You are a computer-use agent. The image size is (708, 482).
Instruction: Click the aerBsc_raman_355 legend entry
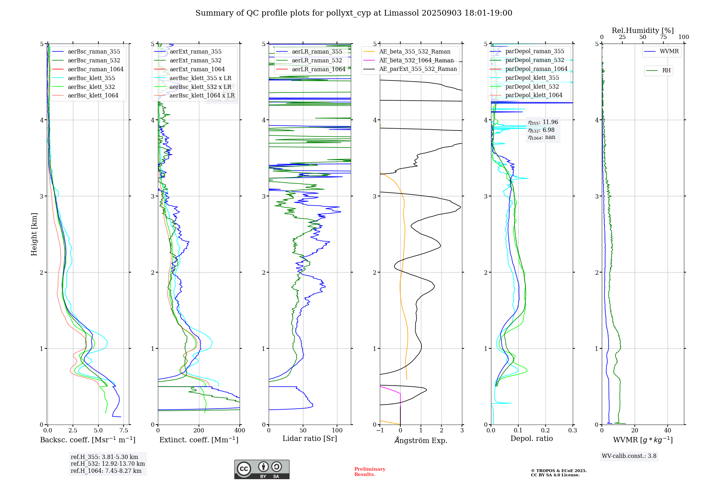(94, 52)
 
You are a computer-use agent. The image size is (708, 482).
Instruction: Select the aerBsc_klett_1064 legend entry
(93, 96)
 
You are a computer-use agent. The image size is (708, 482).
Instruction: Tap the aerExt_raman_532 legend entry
(195, 61)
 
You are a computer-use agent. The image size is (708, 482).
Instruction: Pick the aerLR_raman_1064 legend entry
(318, 69)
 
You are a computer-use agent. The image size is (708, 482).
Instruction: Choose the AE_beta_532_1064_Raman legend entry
(416, 61)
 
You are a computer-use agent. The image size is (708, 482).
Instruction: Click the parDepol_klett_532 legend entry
(532, 87)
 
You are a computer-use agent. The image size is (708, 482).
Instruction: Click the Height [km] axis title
(34, 234)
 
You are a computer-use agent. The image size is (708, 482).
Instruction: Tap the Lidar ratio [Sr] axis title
(309, 438)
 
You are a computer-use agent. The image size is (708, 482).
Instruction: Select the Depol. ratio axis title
(531, 438)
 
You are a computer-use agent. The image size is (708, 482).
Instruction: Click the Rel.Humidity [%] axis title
(643, 30)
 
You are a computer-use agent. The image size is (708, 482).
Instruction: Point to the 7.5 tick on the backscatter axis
(124, 431)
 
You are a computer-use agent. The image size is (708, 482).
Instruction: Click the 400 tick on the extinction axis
(240, 431)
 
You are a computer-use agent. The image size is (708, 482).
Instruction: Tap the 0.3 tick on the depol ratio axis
(572, 431)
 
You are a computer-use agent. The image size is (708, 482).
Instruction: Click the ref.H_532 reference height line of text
(108, 464)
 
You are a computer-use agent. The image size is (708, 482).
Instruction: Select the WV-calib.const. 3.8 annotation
(629, 456)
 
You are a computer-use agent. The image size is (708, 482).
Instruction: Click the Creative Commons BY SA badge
(262, 470)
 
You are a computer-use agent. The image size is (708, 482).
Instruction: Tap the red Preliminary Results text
(370, 472)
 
